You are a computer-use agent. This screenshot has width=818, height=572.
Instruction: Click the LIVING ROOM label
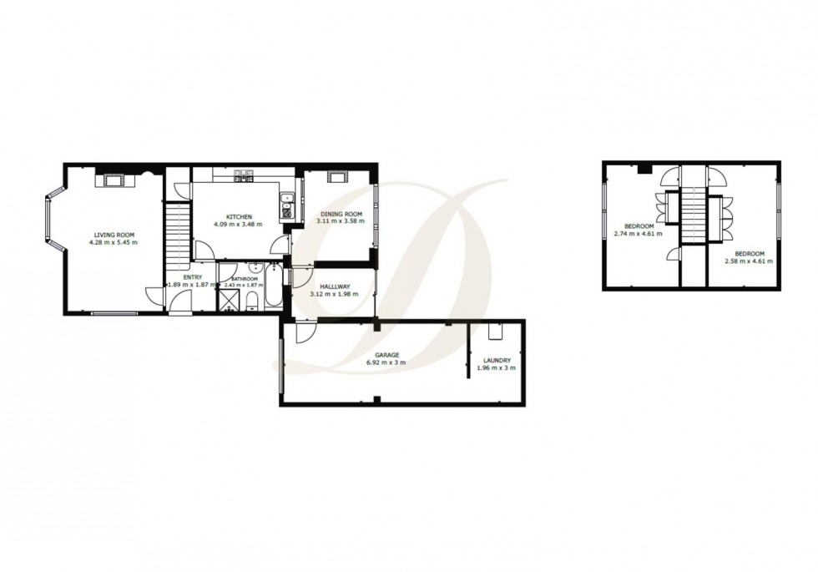[x=113, y=235]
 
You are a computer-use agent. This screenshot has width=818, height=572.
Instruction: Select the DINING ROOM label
[x=339, y=215]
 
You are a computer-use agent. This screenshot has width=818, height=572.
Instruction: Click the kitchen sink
[x=285, y=205]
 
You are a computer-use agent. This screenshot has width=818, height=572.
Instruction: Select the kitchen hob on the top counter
[x=243, y=176]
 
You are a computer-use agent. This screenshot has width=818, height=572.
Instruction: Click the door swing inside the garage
[x=305, y=332]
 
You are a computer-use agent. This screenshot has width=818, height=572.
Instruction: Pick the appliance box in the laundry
[x=495, y=332]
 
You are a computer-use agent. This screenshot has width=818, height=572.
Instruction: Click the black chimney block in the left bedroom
[x=643, y=170]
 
